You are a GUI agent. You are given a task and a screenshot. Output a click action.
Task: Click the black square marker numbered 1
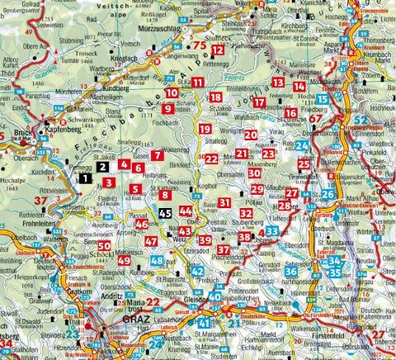tap(85, 176)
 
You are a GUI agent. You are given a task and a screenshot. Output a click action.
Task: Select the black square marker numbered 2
tap(103, 165)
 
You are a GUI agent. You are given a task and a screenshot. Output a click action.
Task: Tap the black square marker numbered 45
tap(165, 213)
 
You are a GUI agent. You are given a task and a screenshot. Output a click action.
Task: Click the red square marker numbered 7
tap(158, 155)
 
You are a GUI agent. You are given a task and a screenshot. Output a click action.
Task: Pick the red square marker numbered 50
tap(103, 245)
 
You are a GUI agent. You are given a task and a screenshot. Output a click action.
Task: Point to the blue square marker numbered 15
tap(323, 99)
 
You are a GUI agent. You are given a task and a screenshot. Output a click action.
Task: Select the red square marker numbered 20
tap(250, 134)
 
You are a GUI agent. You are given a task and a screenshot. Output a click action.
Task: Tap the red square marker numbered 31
tap(224, 202)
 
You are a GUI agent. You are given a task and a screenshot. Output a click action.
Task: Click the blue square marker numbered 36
tap(291, 271)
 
